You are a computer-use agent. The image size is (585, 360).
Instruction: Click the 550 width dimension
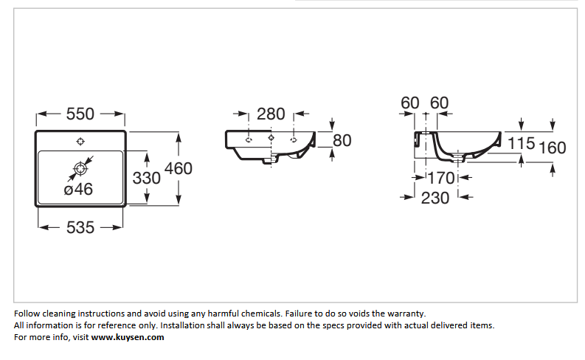coord(80,114)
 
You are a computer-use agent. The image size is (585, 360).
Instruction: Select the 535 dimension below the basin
coord(80,227)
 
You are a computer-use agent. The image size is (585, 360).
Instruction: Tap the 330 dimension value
coord(147,179)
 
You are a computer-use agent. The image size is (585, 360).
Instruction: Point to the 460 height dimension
coord(179,169)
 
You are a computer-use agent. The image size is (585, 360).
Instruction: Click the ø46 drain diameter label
coord(78,190)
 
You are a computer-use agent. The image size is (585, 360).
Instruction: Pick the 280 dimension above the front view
coord(271,114)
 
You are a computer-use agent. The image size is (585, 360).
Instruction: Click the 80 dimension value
coord(342,141)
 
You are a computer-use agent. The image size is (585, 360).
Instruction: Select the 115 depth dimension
coord(522,143)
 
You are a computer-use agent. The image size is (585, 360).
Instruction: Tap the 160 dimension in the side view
coord(553,148)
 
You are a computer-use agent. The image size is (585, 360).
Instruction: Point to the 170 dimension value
coord(441,179)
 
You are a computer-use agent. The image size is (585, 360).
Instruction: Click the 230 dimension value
coord(435,198)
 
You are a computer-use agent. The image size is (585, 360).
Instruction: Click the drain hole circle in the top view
coord(80,169)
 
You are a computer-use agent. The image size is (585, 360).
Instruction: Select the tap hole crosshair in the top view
coord(80,142)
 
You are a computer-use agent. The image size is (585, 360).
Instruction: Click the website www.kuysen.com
coord(128,337)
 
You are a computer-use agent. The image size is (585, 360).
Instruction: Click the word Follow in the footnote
coord(27,314)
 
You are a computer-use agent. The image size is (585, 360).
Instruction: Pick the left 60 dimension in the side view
coord(410,103)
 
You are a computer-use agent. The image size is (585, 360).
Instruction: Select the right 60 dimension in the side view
coord(439,103)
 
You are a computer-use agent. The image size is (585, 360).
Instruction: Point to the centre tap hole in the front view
coord(271,138)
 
